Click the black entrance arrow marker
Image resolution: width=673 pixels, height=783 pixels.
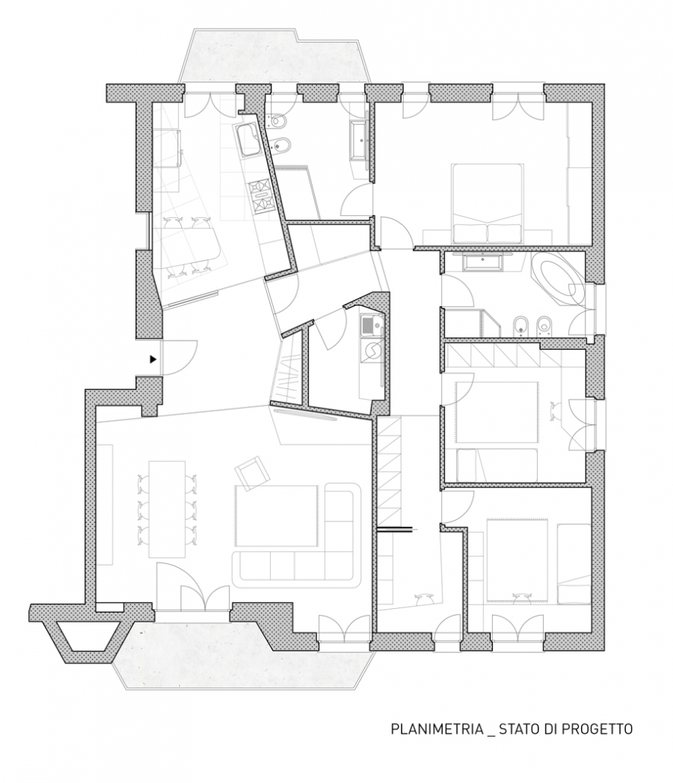[x=154, y=359]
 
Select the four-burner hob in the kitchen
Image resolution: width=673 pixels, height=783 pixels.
[x=262, y=195]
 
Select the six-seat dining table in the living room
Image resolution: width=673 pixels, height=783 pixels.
[x=167, y=509]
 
